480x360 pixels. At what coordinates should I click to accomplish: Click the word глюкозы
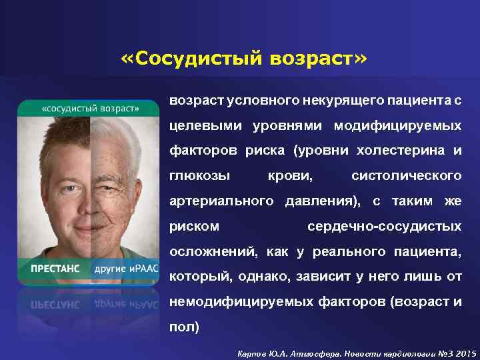point(199,176)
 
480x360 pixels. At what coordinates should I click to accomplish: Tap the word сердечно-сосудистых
point(384,227)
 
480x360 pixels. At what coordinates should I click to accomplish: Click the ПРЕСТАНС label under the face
point(55,268)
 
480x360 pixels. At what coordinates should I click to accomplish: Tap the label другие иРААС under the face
point(125,268)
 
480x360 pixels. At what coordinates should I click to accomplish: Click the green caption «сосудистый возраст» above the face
point(90,108)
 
